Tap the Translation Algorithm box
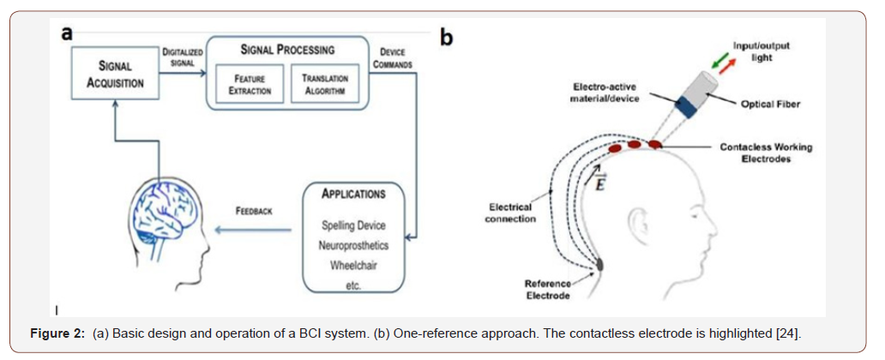point(324,87)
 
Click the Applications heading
point(352,194)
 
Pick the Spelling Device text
point(353,225)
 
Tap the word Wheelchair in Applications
point(353,267)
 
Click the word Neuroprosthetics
point(353,246)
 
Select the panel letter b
point(447,39)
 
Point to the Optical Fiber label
point(768,105)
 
